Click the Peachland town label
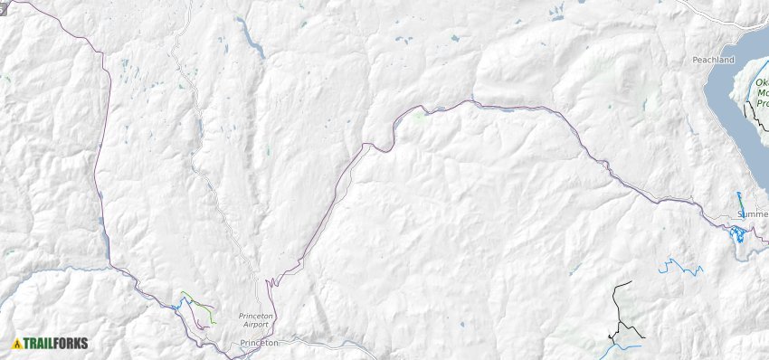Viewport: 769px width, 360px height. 712,59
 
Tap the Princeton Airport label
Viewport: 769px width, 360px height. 256,319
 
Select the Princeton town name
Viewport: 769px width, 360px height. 260,344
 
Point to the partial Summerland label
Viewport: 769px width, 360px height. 753,214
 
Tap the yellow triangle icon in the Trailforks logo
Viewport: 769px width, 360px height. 16,344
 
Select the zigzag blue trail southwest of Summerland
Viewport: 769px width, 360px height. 680,267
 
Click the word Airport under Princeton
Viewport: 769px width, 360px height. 256,324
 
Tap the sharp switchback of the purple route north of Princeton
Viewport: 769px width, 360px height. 269,283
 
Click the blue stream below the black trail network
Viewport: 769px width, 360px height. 626,346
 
